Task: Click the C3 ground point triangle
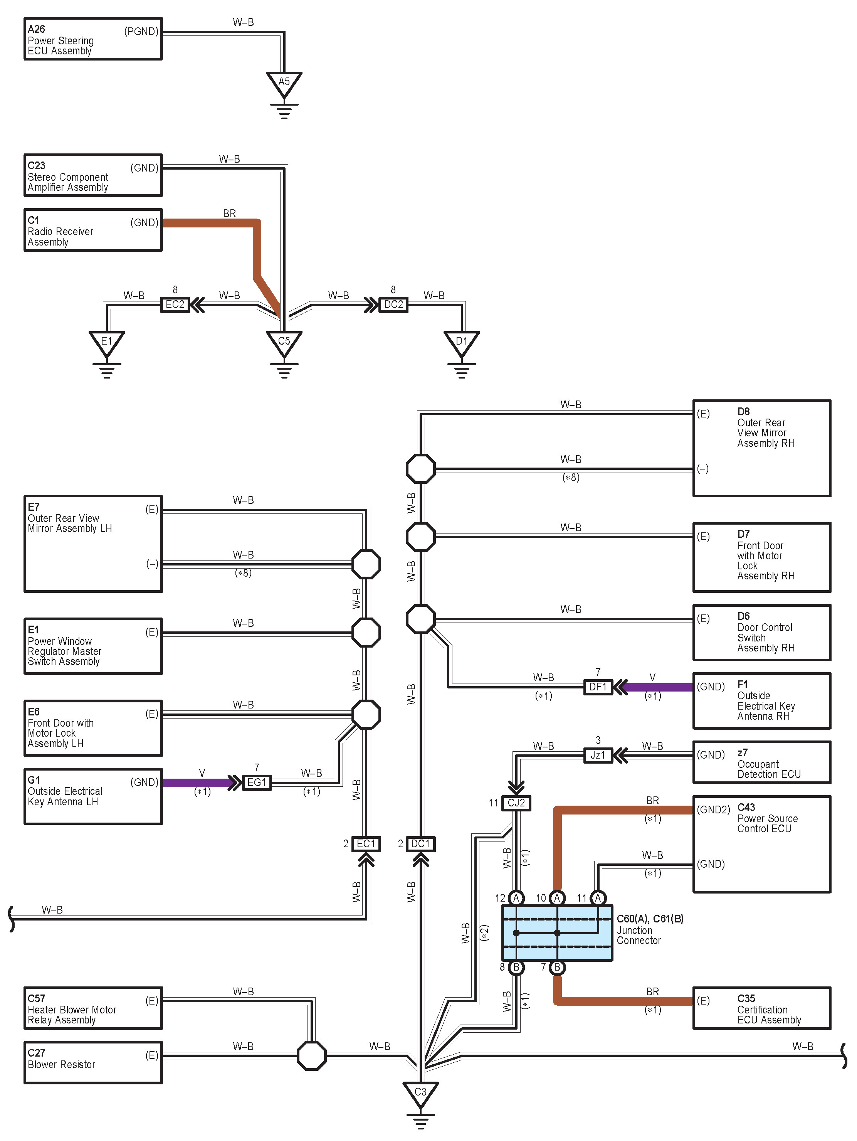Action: coord(421,1094)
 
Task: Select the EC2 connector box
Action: coord(175,305)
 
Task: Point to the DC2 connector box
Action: coord(393,305)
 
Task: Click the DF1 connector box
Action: coord(598,687)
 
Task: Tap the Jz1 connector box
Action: coord(598,755)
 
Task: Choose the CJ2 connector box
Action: coord(516,803)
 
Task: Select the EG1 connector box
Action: coord(257,783)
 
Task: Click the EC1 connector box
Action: coord(366,844)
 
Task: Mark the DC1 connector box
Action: coord(421,844)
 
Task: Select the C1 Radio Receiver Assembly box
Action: coord(93,230)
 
